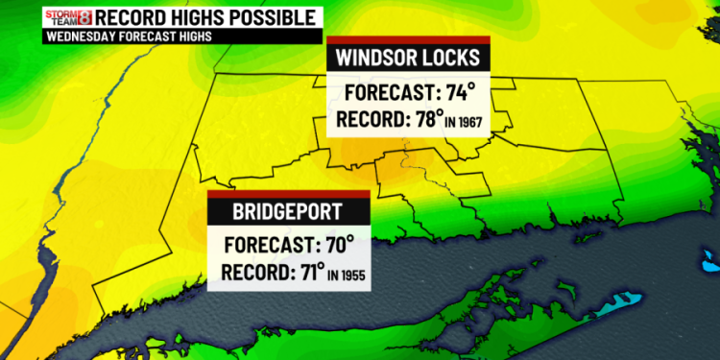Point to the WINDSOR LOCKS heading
point(409,58)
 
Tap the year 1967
point(470,123)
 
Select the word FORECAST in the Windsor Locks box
point(389,94)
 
